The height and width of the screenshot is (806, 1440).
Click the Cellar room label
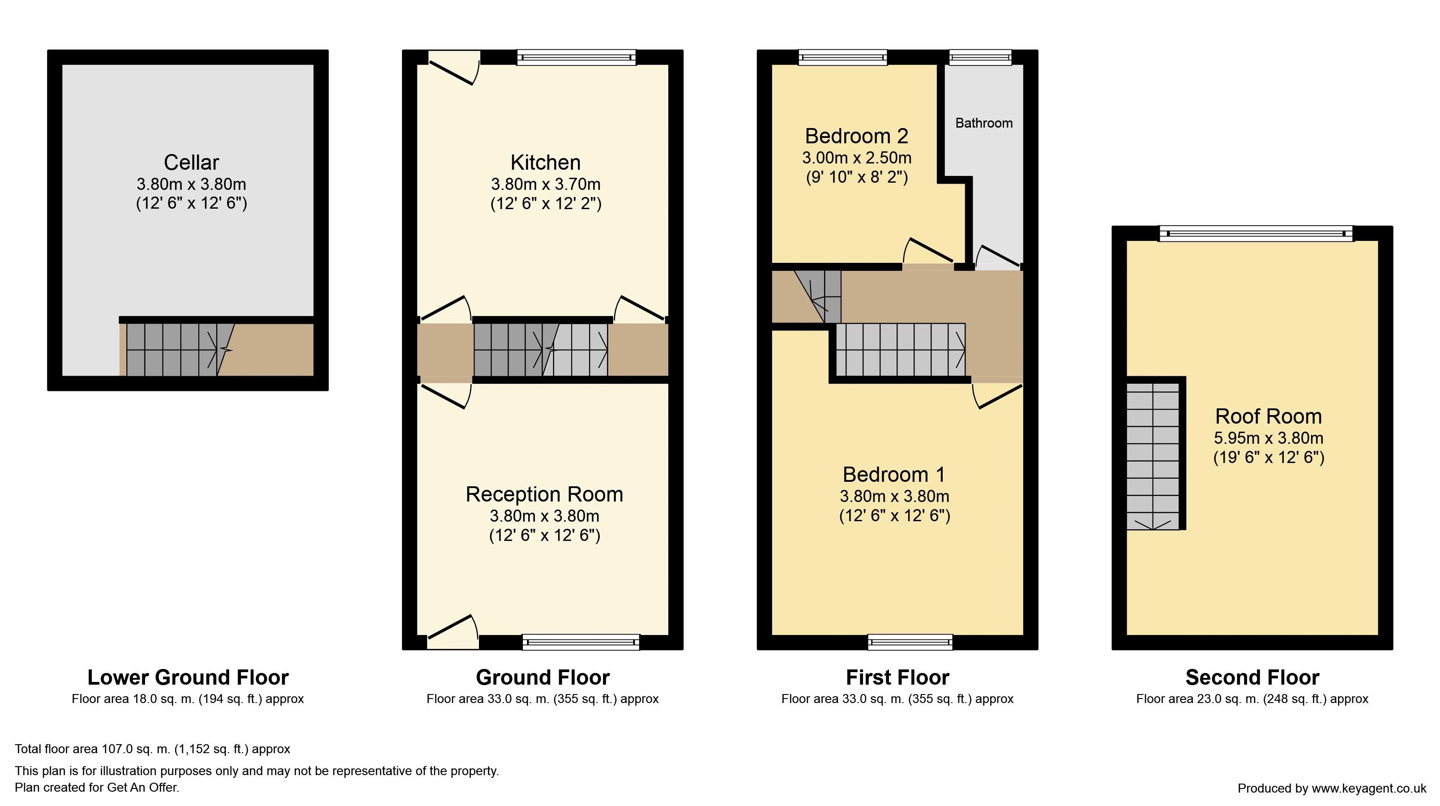pos(191,162)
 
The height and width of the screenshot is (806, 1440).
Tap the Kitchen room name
pos(546,162)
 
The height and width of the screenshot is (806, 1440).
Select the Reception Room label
pos(544,494)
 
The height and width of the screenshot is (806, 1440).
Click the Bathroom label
pos(984,123)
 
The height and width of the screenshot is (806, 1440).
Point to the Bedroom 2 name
pos(856,136)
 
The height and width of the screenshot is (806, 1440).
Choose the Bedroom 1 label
pos(894,474)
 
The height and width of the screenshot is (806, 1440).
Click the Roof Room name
pos(1269,416)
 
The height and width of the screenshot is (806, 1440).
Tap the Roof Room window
pos(1256,233)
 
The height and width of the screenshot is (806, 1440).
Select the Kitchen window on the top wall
pos(577,58)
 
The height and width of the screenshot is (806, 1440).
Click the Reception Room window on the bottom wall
pos(581,642)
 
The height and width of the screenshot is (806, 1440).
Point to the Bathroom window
pos(980,58)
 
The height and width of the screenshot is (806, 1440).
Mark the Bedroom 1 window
pos(910,642)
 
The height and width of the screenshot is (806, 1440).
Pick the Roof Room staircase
pos(1153,456)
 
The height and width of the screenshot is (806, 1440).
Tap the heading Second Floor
pos(1252,677)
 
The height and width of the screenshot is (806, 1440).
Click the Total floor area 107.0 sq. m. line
pos(153,749)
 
